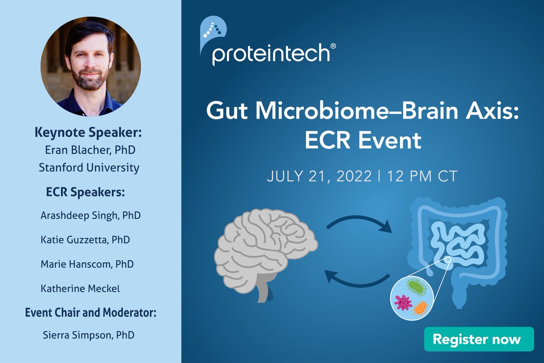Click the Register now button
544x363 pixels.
pyautogui.click(x=476, y=339)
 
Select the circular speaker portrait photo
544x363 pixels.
pyautogui.click(x=91, y=67)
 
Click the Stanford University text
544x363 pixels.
pyautogui.click(x=89, y=167)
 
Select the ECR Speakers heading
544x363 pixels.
pyautogui.click(x=85, y=192)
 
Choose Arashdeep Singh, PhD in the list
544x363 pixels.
pyautogui.click(x=90, y=215)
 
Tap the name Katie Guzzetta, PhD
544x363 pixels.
pyautogui.click(x=85, y=239)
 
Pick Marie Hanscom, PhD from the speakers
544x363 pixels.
pyautogui.click(x=87, y=263)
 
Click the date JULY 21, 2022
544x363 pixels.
pyautogui.click(x=319, y=176)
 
